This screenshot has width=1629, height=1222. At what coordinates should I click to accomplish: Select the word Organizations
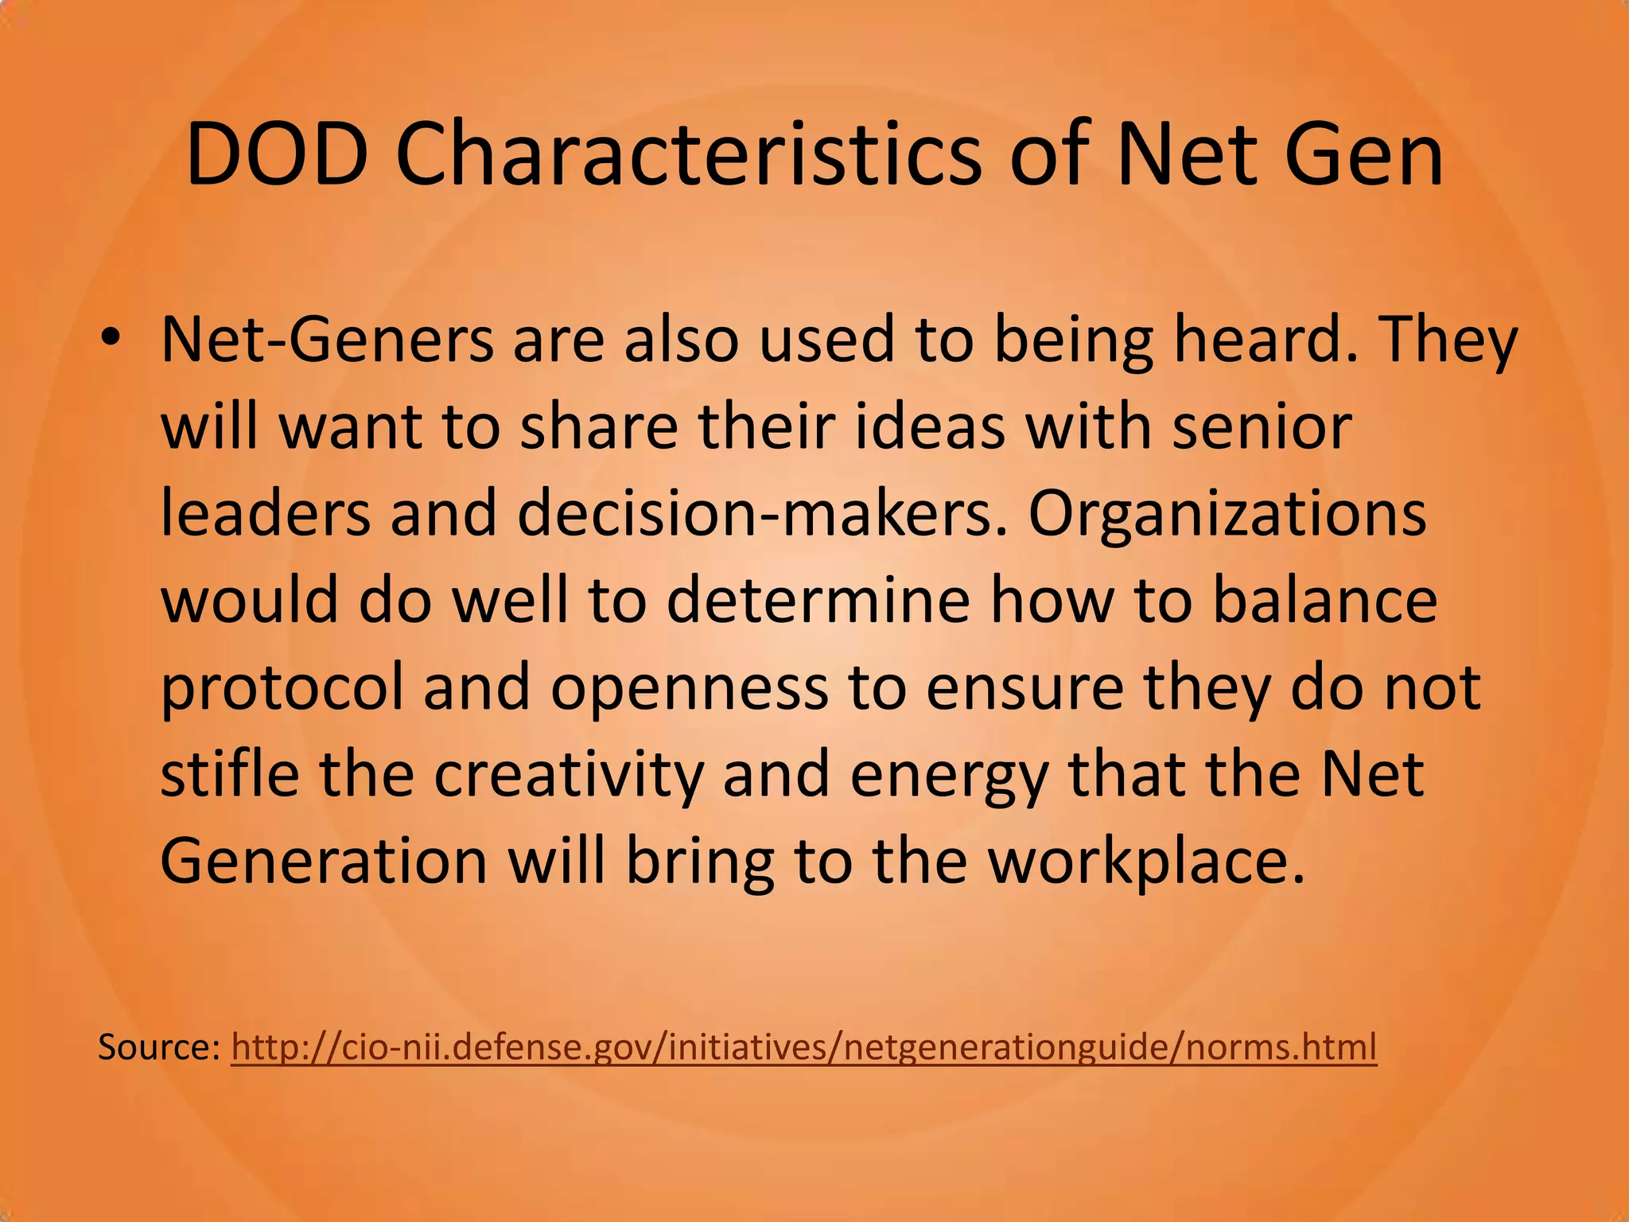(x=1227, y=513)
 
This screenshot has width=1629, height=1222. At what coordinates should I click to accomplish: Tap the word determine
(x=818, y=600)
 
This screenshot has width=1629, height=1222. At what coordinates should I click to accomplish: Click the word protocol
(x=282, y=689)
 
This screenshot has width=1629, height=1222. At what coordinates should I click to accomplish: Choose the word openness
(x=689, y=689)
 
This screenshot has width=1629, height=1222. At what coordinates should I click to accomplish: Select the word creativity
(x=569, y=776)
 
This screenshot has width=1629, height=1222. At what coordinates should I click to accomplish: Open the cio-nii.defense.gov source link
(x=803, y=1048)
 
